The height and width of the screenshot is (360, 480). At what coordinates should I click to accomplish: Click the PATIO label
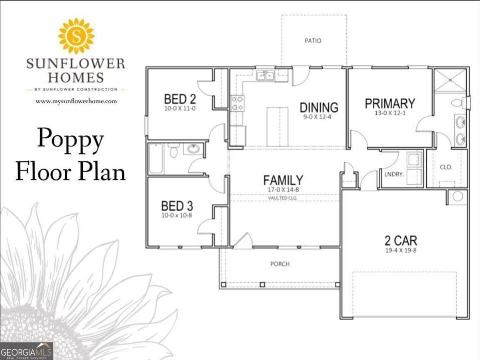[x=313, y=41]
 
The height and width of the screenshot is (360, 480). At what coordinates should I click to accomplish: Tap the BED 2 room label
[x=180, y=99]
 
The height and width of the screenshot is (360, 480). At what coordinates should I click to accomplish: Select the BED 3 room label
[x=177, y=206]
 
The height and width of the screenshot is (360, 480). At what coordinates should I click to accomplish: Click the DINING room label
[x=319, y=107]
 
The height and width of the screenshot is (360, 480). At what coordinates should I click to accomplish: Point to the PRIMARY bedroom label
[x=390, y=103]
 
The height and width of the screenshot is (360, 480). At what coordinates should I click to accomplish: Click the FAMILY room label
[x=283, y=180]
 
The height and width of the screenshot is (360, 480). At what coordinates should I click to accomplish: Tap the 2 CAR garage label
[x=401, y=241]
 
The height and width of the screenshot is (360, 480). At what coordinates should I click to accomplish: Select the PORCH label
[x=280, y=264]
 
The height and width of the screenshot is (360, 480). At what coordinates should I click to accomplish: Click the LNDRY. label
[x=394, y=174]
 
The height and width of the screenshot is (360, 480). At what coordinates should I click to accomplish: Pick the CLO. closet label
[x=446, y=167]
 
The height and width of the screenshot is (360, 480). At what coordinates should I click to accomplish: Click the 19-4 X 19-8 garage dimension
[x=401, y=250]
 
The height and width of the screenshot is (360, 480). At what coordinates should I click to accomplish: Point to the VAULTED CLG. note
[x=283, y=198]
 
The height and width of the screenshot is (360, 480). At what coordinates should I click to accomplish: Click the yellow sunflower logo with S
[x=76, y=36]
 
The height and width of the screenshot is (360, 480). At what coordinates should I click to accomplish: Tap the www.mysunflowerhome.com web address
[x=76, y=101]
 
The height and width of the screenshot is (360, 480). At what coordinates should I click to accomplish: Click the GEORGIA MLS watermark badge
[x=27, y=351]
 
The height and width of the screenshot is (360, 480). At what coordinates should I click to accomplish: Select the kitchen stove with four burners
[x=237, y=103]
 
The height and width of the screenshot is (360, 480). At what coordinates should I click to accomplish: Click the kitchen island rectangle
[x=277, y=127]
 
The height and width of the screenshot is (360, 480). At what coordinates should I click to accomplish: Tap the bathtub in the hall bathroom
[x=156, y=159]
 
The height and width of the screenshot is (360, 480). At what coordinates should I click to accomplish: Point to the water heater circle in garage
[x=457, y=197]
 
